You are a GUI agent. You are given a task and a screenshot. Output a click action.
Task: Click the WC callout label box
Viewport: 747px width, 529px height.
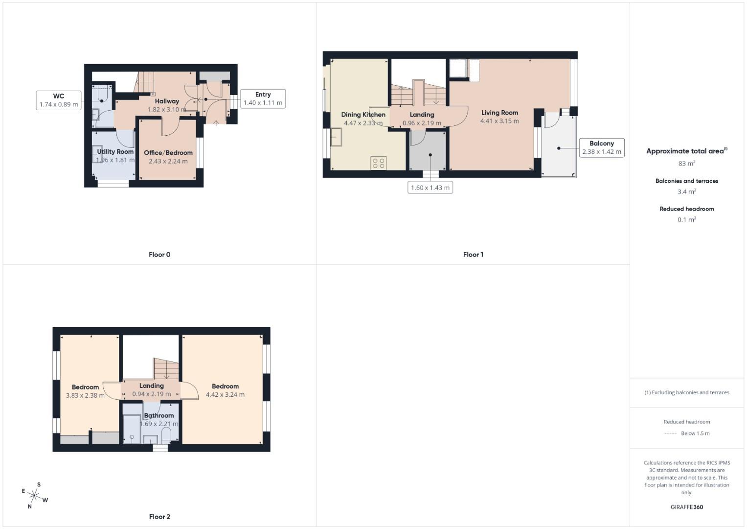59,100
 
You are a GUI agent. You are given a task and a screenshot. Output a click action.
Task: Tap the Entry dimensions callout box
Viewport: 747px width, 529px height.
263,98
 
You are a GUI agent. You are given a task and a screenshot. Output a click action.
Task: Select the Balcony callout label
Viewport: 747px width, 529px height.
601,147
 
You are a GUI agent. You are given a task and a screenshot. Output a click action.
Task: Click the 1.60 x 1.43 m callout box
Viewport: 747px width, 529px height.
430,188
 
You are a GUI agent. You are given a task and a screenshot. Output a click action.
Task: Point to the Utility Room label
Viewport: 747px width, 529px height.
115,152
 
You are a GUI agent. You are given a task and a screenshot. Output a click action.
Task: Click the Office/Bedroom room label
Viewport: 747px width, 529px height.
168,153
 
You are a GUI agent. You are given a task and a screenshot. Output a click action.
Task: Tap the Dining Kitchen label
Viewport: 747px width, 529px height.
363,115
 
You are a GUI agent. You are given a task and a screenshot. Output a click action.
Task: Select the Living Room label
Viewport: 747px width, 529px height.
499,113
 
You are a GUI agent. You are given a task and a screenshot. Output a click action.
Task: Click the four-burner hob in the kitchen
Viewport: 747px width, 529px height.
378,163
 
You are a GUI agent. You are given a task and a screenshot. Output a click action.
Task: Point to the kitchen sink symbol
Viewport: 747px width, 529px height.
336,137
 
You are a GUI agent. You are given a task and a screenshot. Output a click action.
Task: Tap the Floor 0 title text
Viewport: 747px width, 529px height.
159,255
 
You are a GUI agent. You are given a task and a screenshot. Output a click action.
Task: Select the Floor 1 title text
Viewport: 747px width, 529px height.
473,255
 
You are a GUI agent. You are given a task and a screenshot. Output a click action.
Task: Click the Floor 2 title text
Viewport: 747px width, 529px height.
159,517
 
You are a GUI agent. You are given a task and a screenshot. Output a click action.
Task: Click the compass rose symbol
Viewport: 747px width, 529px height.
34,495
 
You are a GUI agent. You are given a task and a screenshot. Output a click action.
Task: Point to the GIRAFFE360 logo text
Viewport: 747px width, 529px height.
686,507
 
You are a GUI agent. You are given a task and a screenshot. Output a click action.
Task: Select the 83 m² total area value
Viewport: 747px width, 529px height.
686,164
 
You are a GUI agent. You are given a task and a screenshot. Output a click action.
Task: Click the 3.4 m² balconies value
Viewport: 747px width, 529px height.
686,192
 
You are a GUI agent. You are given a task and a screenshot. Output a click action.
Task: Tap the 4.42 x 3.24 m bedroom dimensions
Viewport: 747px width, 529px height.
225,395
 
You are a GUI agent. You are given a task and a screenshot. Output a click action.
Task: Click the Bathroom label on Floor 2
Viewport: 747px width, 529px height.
158,415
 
